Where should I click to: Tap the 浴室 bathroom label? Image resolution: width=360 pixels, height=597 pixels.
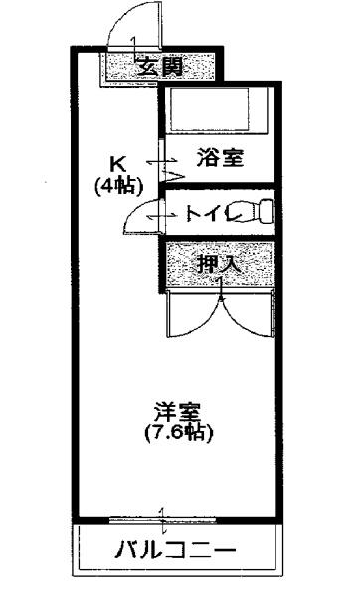pyautogui.click(x=220, y=156)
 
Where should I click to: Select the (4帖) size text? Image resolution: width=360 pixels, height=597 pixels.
pyautogui.click(x=117, y=185)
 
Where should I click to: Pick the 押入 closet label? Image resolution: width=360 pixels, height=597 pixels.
pyautogui.click(x=217, y=265)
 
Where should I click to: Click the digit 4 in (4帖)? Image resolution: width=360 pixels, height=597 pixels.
pyautogui.click(x=111, y=185)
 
